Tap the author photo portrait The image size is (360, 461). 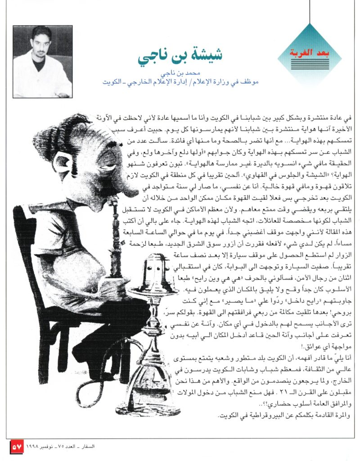[43, 62]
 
